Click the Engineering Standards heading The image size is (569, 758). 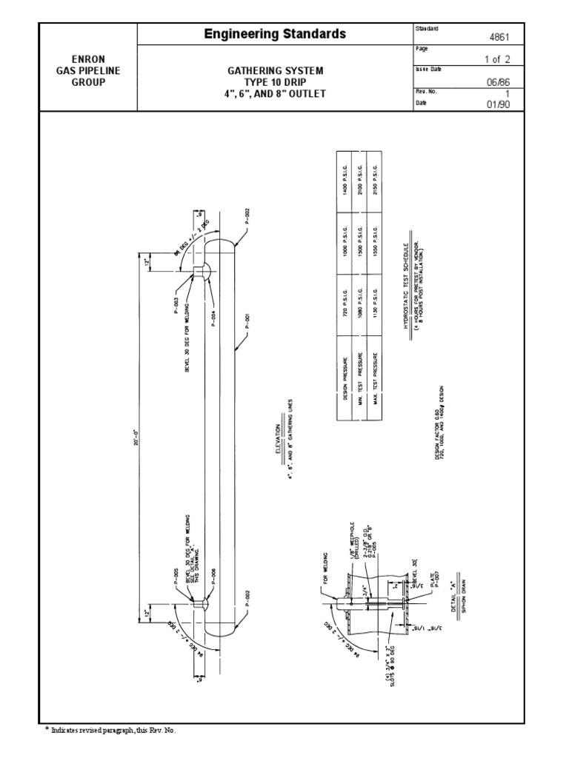point(275,34)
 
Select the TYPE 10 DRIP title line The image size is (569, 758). point(275,81)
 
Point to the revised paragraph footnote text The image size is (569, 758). point(111,730)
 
